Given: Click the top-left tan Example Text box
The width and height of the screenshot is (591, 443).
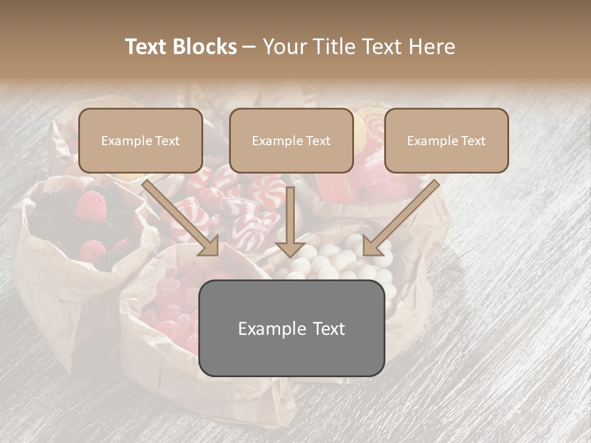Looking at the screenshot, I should click(x=140, y=140).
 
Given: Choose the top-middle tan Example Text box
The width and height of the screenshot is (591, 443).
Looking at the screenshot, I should click(x=291, y=140).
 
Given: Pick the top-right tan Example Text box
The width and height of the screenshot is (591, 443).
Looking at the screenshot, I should click(x=446, y=140).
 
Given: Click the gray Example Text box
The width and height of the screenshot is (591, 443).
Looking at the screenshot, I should click(x=292, y=329).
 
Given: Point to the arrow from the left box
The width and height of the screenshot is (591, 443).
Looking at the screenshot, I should click(x=179, y=215).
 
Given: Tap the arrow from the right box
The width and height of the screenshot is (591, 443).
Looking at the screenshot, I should click(x=403, y=215).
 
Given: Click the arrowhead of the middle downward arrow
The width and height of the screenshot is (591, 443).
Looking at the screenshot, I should click(x=291, y=249).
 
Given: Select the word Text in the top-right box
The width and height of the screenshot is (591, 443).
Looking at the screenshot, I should click(x=473, y=141).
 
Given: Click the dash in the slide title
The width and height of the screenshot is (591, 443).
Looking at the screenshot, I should click(x=250, y=47).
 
